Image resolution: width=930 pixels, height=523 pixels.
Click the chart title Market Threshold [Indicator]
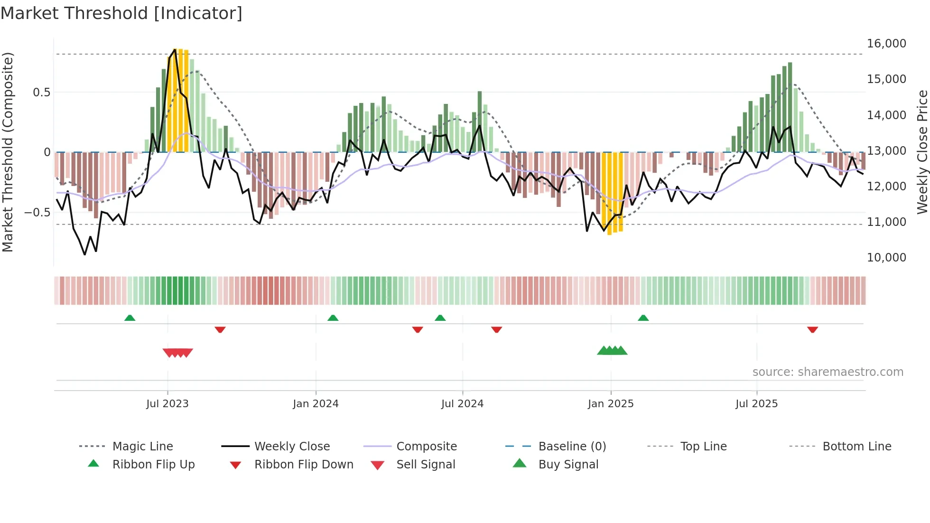click(121, 13)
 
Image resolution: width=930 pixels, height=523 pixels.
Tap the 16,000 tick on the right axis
click(886, 44)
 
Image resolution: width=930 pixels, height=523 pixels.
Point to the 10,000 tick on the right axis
click(886, 258)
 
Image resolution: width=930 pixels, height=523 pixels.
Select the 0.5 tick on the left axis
click(41, 93)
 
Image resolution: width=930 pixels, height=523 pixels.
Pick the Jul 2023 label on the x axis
click(167, 404)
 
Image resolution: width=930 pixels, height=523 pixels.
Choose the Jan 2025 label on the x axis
click(610, 404)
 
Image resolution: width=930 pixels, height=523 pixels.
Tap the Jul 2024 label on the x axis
click(462, 404)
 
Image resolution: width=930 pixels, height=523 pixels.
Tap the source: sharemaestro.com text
click(828, 372)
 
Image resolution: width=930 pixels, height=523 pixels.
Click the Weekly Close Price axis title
click(922, 152)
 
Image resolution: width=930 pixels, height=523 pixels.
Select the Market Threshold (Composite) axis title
click(8, 152)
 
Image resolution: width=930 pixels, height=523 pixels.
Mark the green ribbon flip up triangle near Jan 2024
click(333, 318)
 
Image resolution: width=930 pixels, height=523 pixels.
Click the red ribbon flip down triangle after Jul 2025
click(812, 329)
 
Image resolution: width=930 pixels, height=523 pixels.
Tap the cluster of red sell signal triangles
click(177, 353)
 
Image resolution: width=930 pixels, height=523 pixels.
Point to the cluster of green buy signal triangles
click(612, 351)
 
